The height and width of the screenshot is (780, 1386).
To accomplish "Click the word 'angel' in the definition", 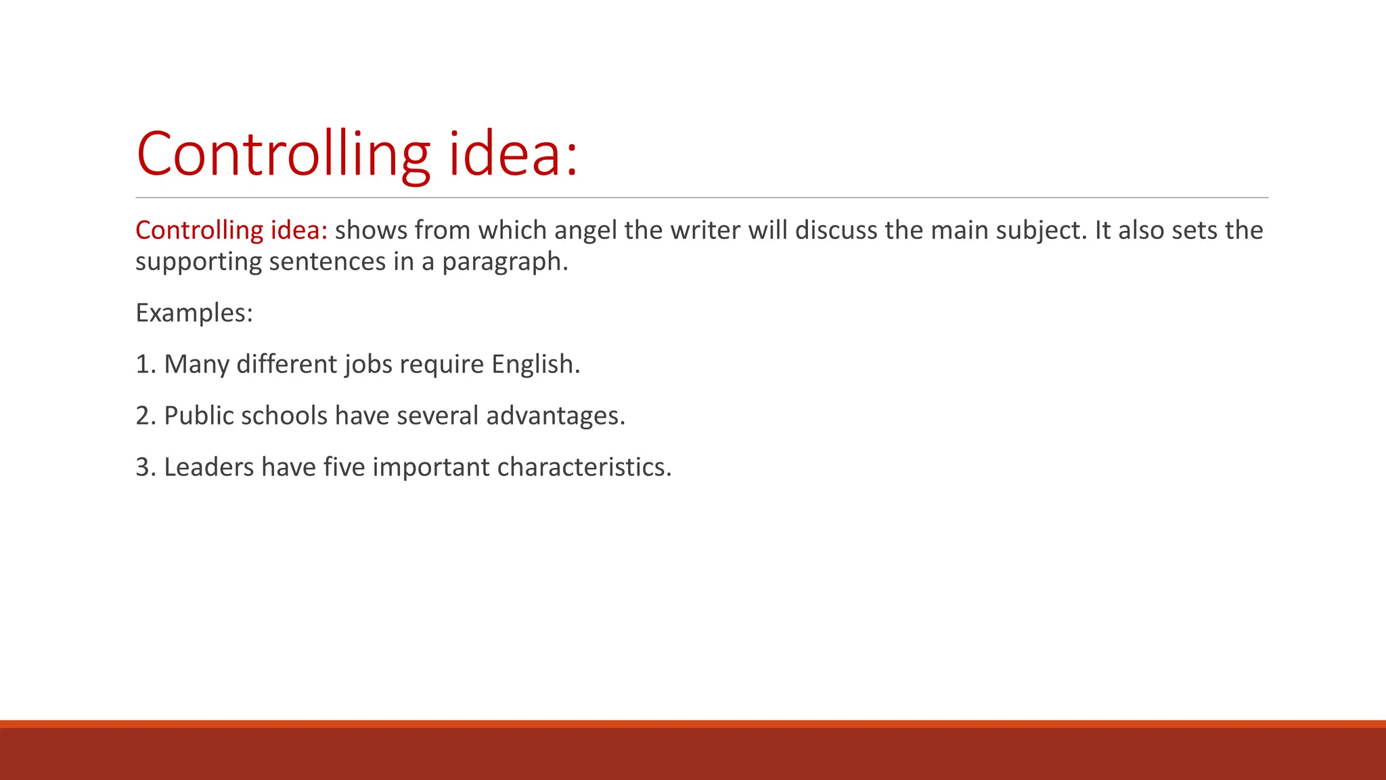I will (585, 231).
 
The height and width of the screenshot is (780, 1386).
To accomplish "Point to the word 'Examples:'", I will (194, 313).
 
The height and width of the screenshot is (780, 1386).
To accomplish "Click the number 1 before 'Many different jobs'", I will (143, 364).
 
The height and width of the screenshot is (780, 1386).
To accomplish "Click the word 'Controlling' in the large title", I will (283, 154).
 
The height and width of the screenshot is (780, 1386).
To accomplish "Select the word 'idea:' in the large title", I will (514, 154).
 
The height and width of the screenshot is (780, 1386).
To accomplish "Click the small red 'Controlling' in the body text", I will (199, 231).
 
